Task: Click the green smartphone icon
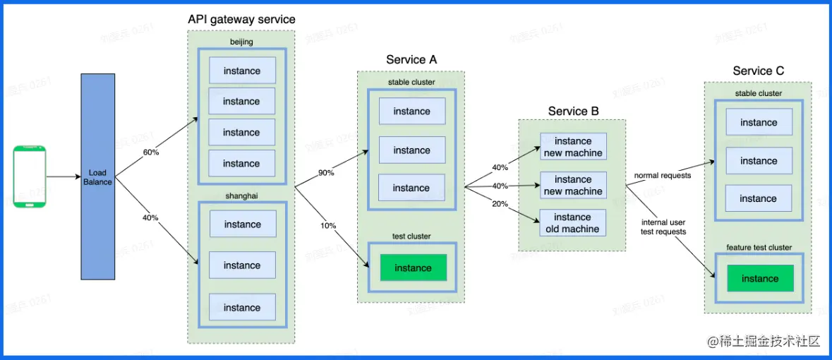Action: click(x=30, y=176)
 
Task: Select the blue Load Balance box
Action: click(x=97, y=177)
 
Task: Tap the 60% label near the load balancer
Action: click(x=150, y=152)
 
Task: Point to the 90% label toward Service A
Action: click(x=326, y=173)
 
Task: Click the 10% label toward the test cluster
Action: click(x=328, y=226)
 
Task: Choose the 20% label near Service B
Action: click(x=500, y=204)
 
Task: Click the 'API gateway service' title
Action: click(x=241, y=19)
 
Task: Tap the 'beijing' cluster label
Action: click(x=241, y=42)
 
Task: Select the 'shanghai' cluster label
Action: click(x=242, y=196)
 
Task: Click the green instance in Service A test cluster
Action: click(x=413, y=268)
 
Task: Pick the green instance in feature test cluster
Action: click(x=759, y=279)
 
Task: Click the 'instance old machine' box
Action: click(x=572, y=223)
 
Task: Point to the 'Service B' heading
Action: click(x=573, y=111)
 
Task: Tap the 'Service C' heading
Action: click(x=758, y=71)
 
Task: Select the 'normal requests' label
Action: click(x=663, y=175)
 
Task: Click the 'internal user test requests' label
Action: click(x=663, y=227)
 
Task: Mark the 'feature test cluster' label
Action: click(x=759, y=248)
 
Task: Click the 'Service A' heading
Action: click(x=411, y=60)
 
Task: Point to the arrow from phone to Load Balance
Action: click(x=64, y=177)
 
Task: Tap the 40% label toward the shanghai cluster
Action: click(x=150, y=218)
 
